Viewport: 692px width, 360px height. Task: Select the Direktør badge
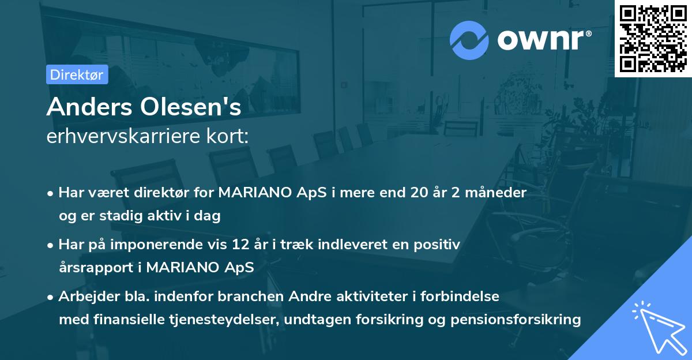pos(77,74)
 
